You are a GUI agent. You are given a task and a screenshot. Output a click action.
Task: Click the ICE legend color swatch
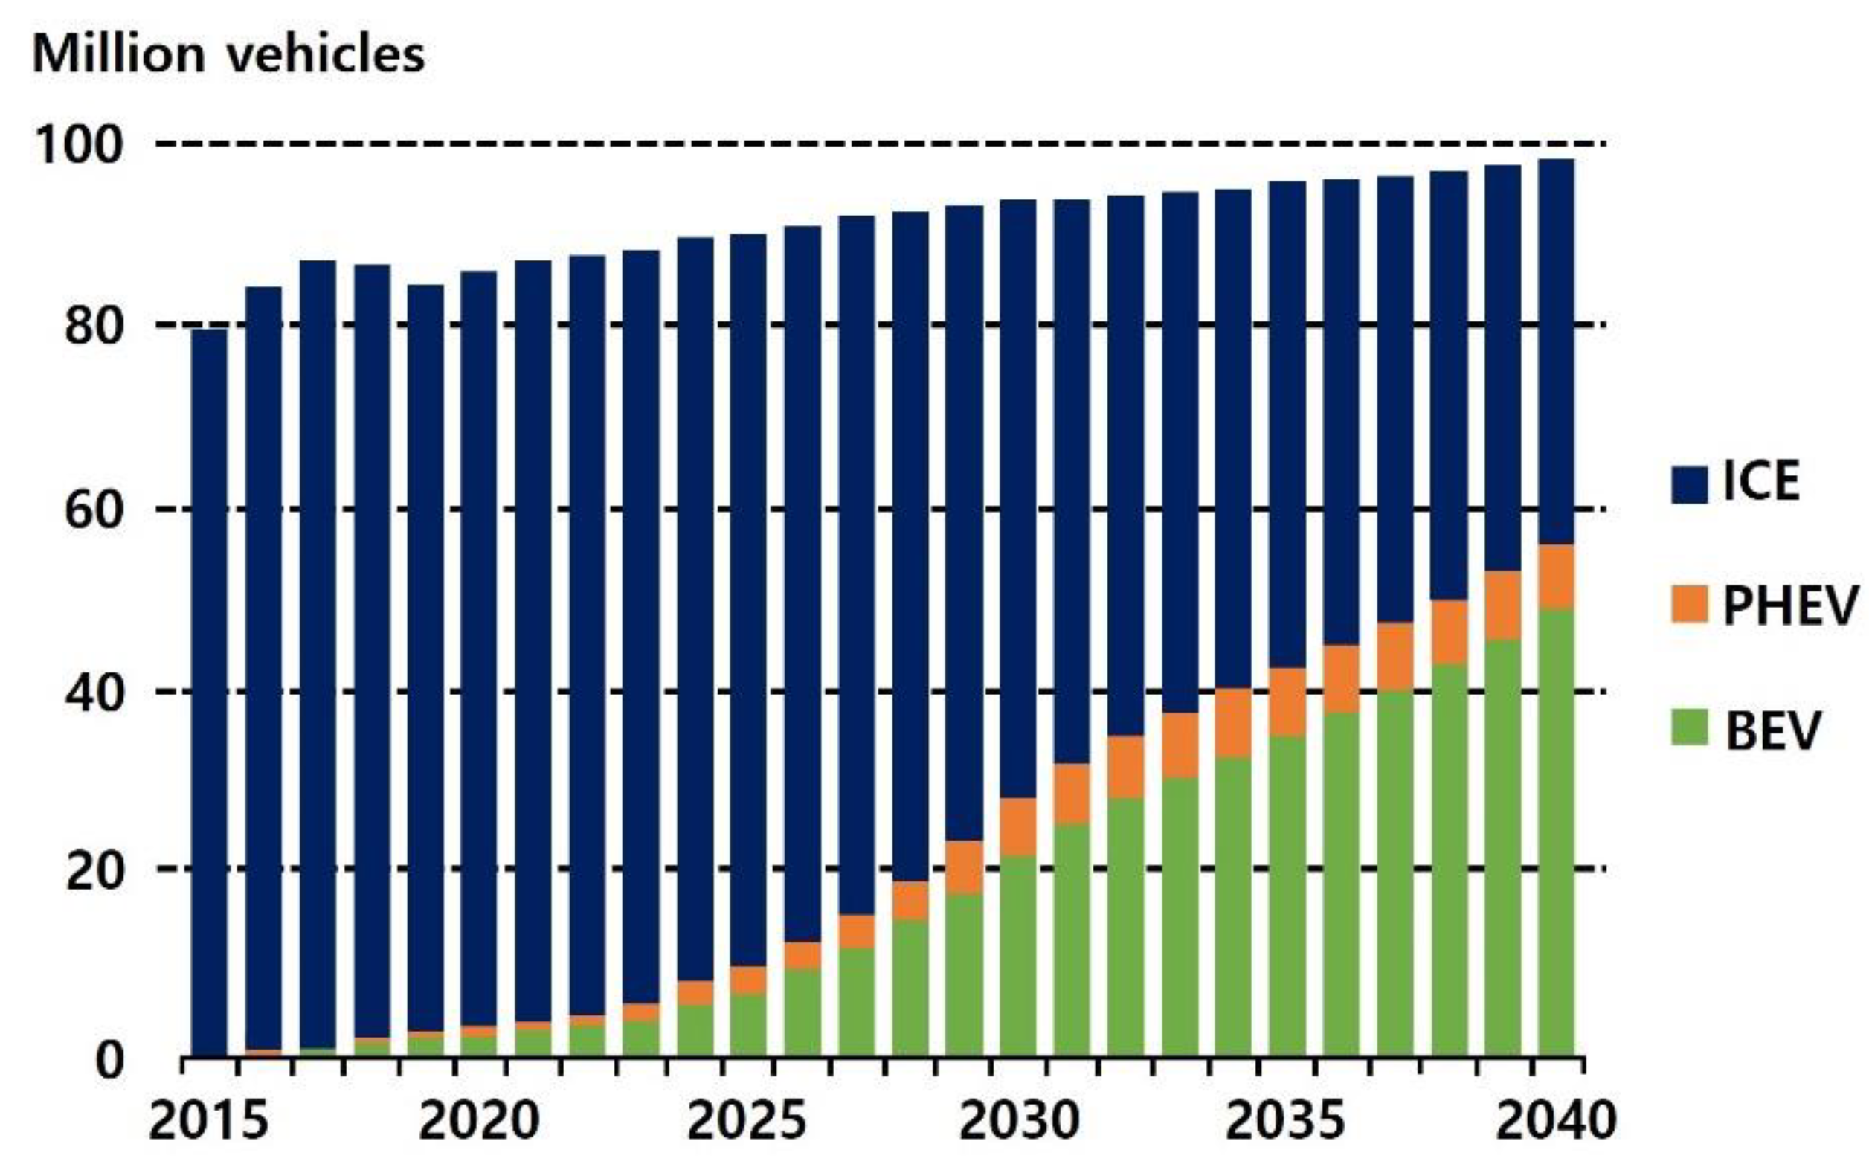[1690, 484]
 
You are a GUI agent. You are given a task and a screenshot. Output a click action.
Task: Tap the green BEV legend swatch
[1690, 727]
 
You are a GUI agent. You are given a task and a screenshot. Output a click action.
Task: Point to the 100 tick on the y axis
[78, 144]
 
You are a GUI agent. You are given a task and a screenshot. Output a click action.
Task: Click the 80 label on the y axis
[94, 325]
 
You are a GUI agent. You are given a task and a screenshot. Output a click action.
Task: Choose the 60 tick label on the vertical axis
[94, 510]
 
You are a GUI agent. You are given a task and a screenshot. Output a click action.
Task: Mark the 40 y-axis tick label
[94, 693]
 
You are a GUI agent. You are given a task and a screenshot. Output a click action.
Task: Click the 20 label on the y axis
[94, 871]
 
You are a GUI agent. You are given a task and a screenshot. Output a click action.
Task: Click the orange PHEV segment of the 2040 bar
[1556, 576]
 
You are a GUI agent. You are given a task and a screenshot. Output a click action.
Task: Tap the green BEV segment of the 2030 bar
[1017, 955]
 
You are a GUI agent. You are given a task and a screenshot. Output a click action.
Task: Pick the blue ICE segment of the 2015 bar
[210, 691]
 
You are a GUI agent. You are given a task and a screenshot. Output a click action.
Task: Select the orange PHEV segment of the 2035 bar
[1287, 701]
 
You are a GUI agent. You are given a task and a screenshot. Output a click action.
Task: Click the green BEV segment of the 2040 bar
[1556, 831]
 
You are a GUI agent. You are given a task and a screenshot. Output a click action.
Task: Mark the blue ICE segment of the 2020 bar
[479, 644]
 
